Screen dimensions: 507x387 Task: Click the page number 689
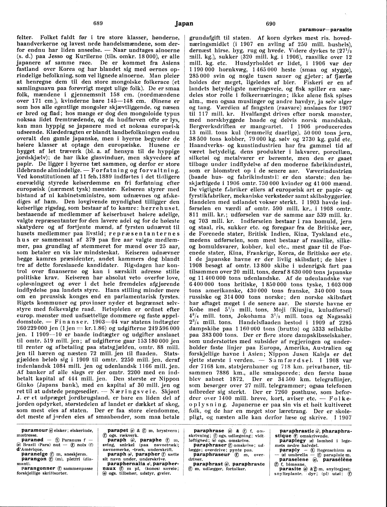coord(98,24)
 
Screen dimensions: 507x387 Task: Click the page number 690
coord(271,24)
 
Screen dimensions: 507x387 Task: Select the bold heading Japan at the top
coord(184,24)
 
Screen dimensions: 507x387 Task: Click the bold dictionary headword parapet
coord(118,430)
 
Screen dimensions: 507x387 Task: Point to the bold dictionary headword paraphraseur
coord(212,454)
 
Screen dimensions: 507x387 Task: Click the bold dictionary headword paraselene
coord(294,459)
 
